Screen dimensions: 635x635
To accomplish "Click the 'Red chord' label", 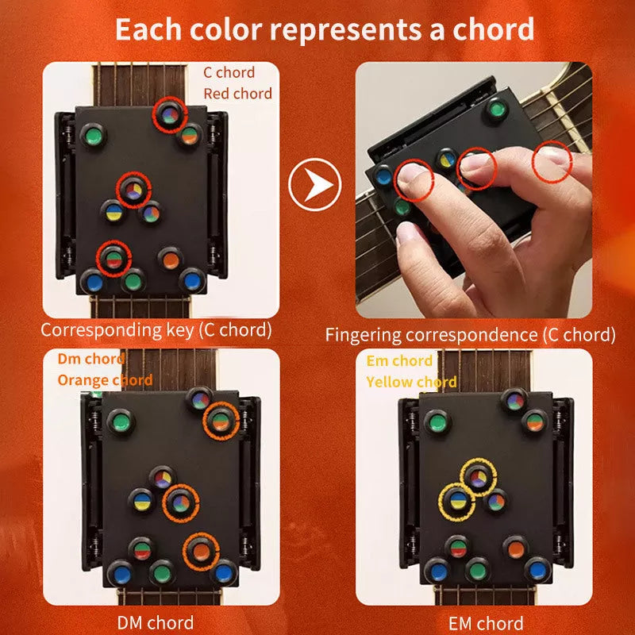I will pyautogui.click(x=237, y=94).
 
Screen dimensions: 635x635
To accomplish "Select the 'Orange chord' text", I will pyautogui.click(x=105, y=379).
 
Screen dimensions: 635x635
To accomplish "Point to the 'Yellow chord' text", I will pyautogui.click(x=411, y=382).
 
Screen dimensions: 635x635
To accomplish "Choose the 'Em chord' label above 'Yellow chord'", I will pyautogui.click(x=399, y=361).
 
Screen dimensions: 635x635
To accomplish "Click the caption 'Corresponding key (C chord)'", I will pyautogui.click(x=156, y=329).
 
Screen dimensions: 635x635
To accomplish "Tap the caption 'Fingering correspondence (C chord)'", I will pyautogui.click(x=470, y=334).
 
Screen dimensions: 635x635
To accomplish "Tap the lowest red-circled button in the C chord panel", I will pyautogui.click(x=114, y=259).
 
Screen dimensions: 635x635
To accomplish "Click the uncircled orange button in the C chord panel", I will pyautogui.click(x=169, y=259).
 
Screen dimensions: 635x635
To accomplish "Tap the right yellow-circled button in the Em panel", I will pyautogui.click(x=478, y=478).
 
